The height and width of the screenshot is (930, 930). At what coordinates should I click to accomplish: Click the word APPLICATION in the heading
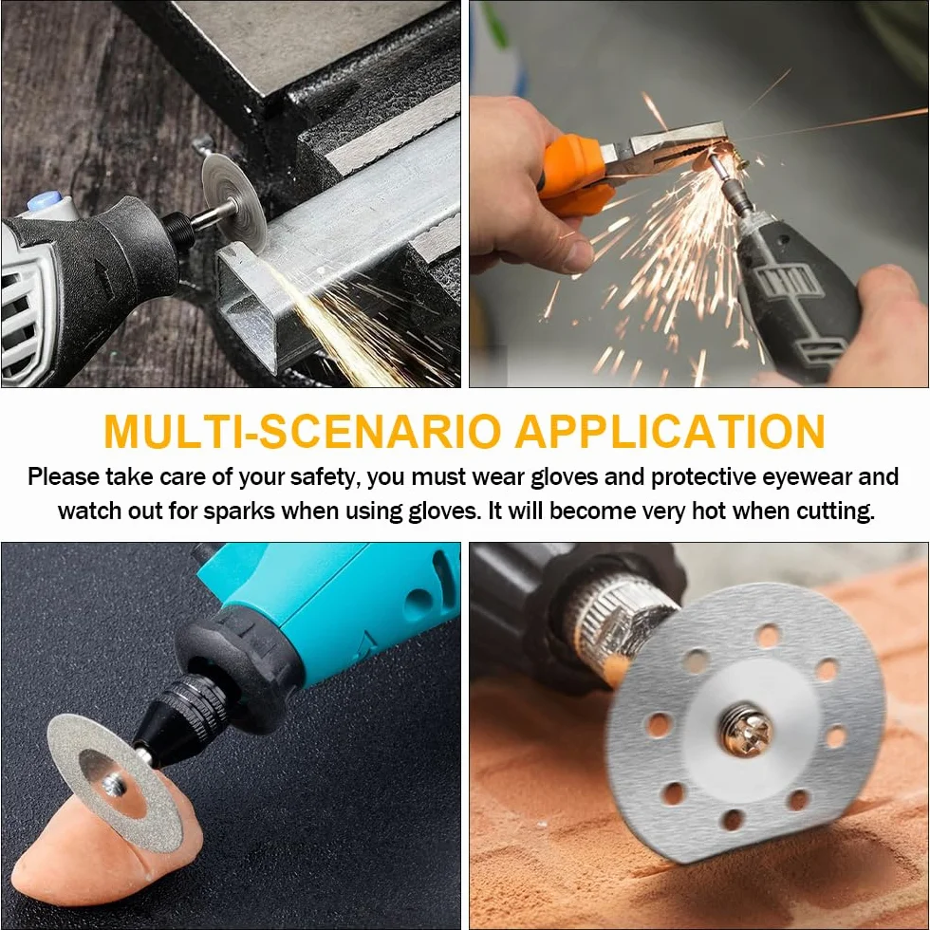pos(670,431)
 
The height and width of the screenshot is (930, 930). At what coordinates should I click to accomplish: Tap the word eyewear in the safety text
pos(806,477)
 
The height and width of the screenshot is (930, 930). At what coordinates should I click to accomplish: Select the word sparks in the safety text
pos(239,512)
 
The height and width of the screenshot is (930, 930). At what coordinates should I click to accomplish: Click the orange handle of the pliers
pos(574,175)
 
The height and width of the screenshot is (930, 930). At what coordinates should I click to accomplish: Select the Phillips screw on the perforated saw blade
pos(747,729)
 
